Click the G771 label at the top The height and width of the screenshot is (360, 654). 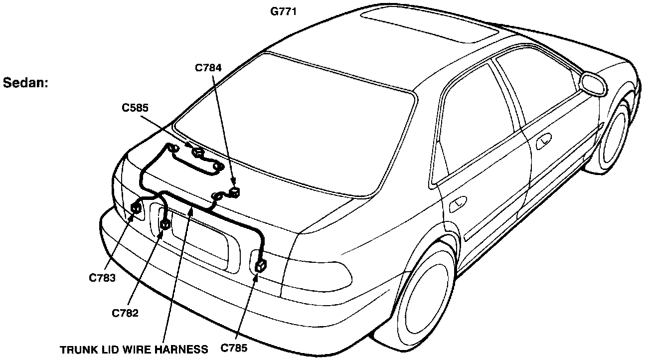284,10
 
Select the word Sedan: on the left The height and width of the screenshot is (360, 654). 25,83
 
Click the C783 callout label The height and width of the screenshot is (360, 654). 103,278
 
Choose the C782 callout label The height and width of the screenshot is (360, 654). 125,313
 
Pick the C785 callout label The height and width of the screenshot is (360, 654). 234,348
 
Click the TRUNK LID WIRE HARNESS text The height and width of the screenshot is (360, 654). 134,349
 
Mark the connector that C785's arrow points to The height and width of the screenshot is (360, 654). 261,266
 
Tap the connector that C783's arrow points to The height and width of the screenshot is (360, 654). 136,208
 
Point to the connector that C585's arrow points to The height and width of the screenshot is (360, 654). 198,153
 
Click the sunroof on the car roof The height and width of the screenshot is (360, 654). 429,25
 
